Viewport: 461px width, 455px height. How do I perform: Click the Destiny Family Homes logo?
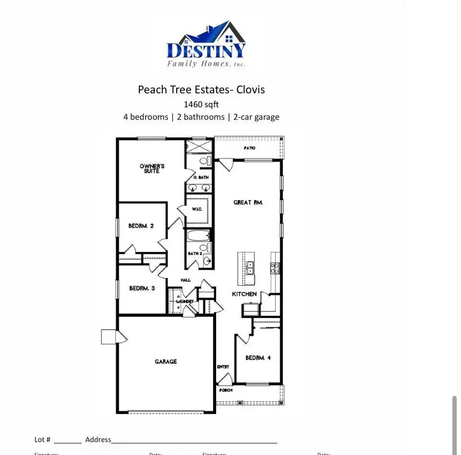coord(206,45)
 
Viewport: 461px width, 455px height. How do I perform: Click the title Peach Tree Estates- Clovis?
coord(201,90)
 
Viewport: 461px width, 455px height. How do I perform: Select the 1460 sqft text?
coord(201,104)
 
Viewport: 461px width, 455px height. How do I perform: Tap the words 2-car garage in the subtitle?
coord(257,117)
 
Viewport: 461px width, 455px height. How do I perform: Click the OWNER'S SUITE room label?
coord(152,168)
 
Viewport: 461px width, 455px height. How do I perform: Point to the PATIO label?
coord(249,148)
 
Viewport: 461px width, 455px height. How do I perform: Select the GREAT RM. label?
coord(248,203)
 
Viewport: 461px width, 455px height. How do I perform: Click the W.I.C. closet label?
coord(198,209)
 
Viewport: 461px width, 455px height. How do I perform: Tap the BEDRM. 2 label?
coord(141,226)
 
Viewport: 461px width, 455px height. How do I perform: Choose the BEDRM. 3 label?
coord(142,288)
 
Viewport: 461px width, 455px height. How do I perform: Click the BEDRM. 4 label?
coord(258,358)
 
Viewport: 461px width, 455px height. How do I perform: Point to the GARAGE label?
coord(165,362)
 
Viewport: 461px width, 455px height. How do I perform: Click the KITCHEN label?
coord(244,294)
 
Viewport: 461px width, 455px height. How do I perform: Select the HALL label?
coord(185,280)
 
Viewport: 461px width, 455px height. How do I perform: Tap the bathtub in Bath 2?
coord(198,236)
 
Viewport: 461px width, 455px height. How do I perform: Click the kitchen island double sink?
coord(249,268)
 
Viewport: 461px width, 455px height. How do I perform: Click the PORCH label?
coord(226,390)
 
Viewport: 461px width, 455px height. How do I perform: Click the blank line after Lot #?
coord(68,440)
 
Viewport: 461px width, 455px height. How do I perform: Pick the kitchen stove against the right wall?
coord(275,267)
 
